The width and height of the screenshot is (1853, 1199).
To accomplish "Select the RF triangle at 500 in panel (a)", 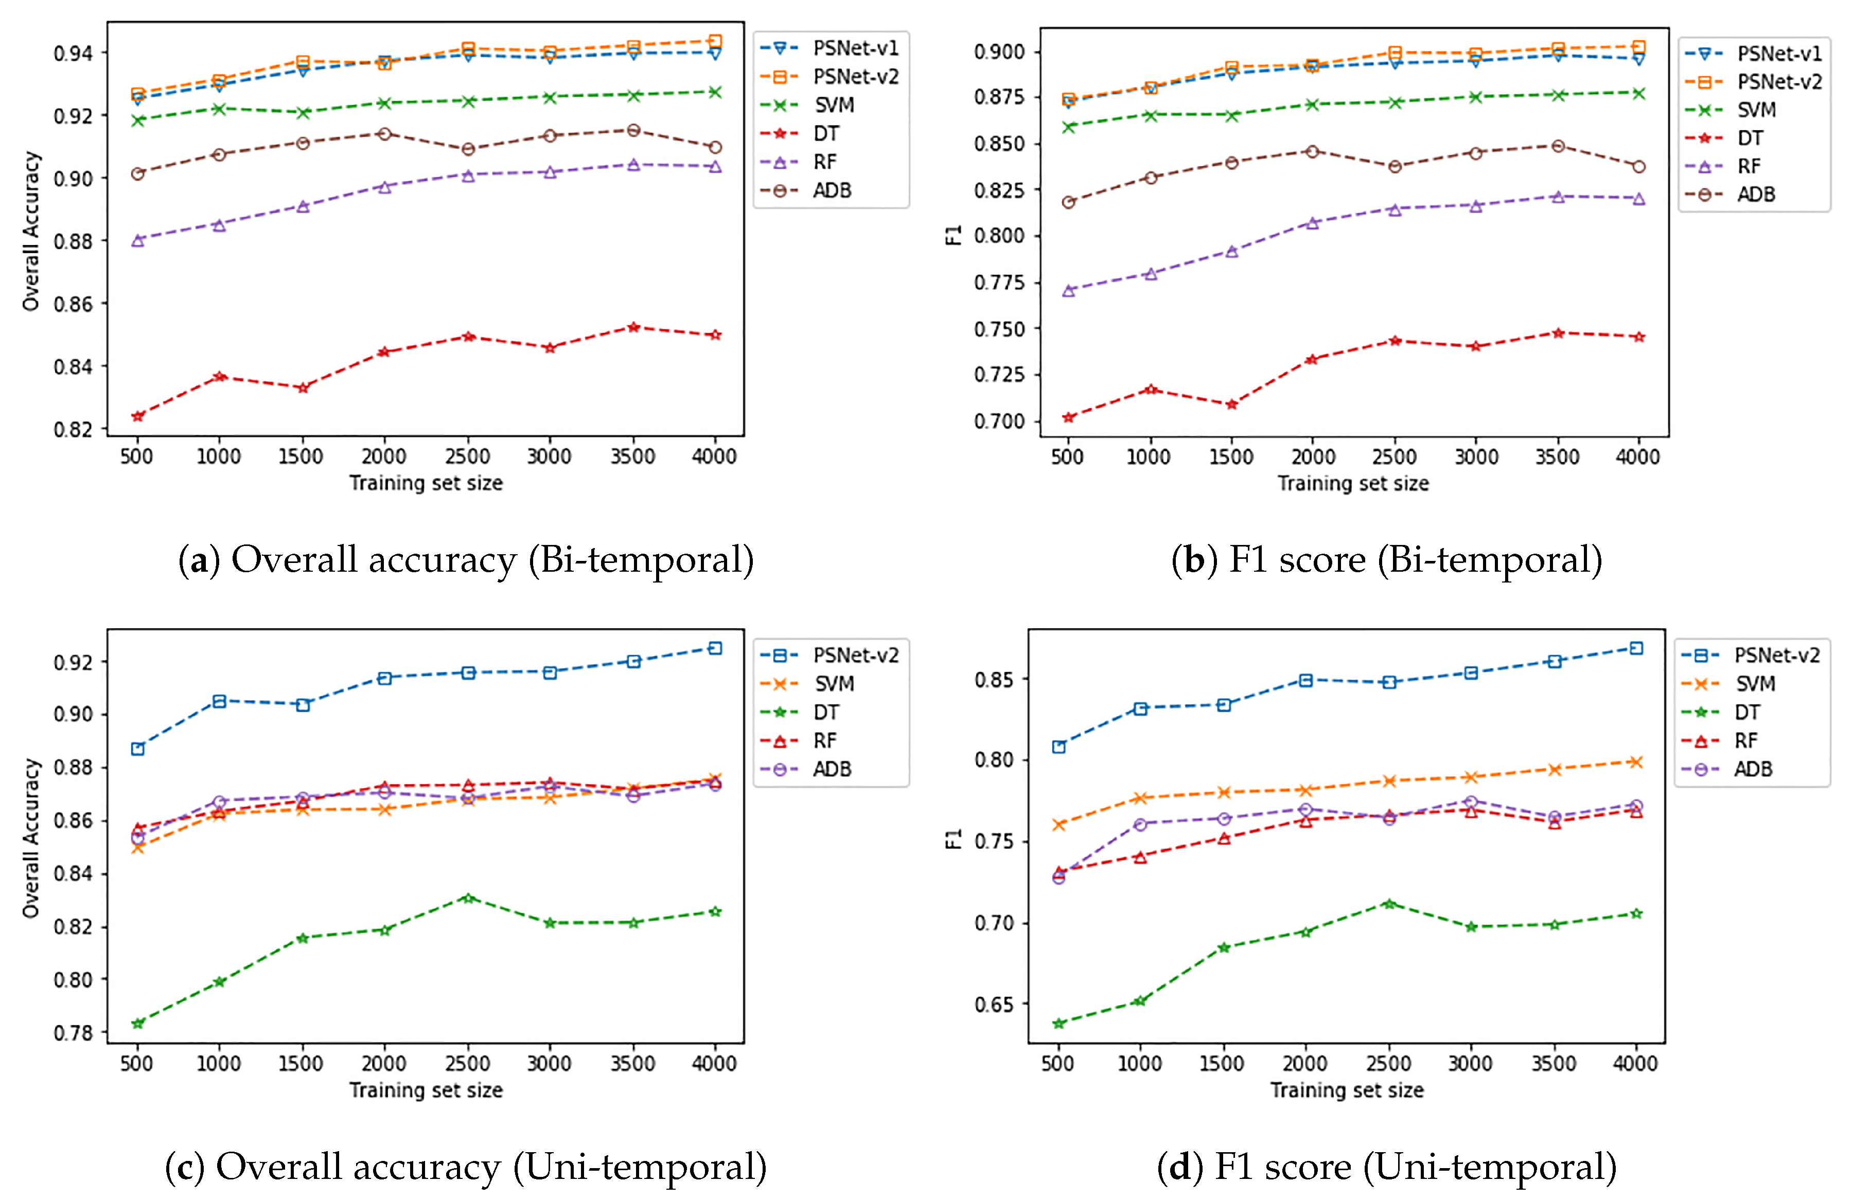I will (x=138, y=241).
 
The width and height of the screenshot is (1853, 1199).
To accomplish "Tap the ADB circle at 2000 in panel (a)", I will (x=384, y=134).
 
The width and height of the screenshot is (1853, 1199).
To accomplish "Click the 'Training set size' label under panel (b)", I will (x=1353, y=484).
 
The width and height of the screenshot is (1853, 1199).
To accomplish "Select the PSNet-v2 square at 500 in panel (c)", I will (x=138, y=749).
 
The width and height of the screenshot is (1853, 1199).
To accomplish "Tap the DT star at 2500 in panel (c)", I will (x=468, y=897).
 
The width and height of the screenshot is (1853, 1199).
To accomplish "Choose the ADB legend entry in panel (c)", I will (x=832, y=769).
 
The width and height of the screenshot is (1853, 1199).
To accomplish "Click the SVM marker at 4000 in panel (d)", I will (x=1636, y=762).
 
